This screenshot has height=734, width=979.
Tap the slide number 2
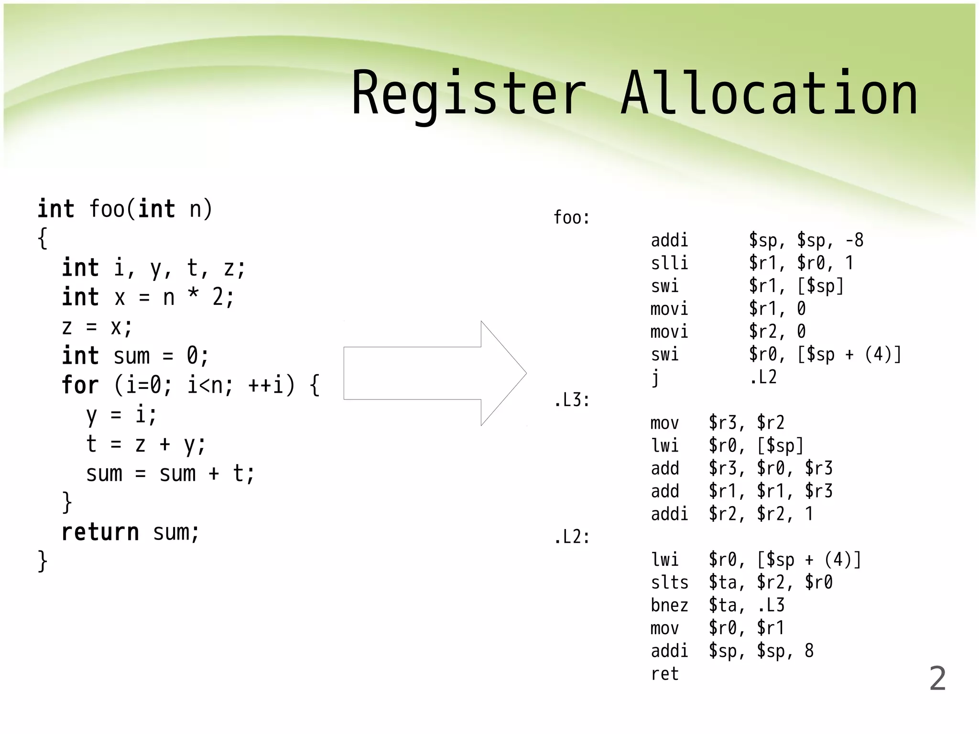click(x=937, y=679)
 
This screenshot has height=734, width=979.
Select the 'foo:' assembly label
click(x=571, y=218)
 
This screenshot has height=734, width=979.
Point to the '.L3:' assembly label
click(x=571, y=400)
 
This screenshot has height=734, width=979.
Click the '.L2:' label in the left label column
click(x=571, y=537)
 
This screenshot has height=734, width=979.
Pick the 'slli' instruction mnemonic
click(x=669, y=263)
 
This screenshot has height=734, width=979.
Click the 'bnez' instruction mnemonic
click(x=669, y=605)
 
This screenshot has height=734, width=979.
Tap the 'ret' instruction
click(x=664, y=674)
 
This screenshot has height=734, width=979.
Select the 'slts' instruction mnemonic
click(x=669, y=583)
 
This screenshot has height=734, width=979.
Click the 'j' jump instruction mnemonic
click(x=655, y=378)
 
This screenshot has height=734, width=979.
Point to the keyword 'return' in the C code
click(x=100, y=532)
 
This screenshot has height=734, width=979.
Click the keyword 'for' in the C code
click(x=80, y=385)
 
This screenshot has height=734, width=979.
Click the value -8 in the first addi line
click(x=854, y=240)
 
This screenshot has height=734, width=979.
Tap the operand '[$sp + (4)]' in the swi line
click(x=848, y=355)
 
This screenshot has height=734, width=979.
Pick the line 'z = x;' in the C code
click(x=97, y=327)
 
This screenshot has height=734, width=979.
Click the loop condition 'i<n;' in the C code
click(x=210, y=385)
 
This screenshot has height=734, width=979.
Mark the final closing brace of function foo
click(x=43, y=561)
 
